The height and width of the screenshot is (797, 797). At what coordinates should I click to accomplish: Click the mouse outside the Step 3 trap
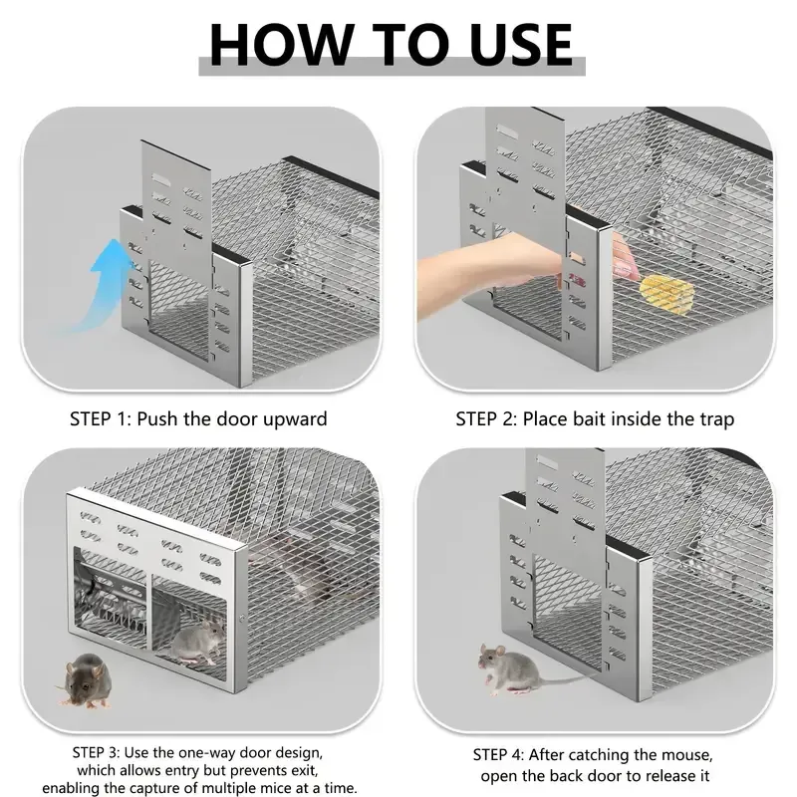(x=85, y=679)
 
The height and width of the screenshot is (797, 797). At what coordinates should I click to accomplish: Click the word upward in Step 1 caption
(x=290, y=418)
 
